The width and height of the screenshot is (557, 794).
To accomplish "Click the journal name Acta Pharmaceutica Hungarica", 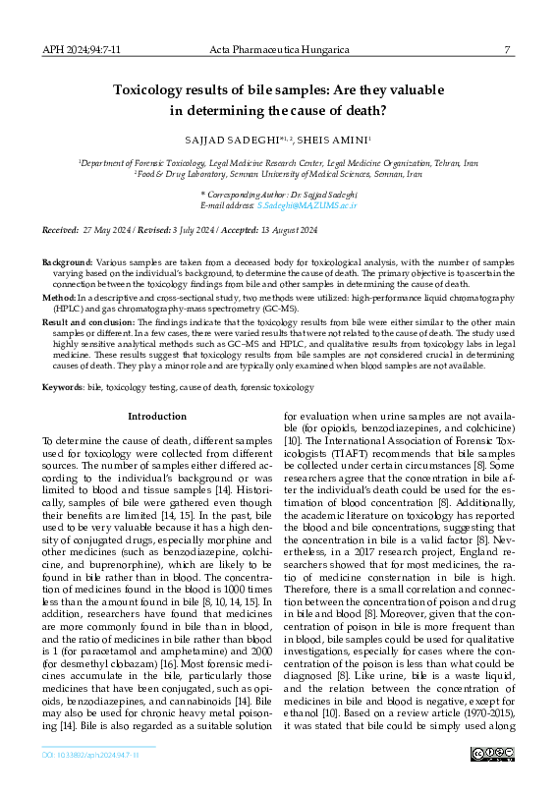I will click(x=278, y=49).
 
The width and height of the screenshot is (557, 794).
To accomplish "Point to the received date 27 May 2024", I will click(x=117, y=229).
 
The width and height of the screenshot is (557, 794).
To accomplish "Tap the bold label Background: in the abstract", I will click(x=67, y=263).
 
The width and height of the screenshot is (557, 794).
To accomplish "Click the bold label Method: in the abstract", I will click(x=59, y=296).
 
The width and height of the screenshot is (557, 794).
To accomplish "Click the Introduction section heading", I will click(x=157, y=417).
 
